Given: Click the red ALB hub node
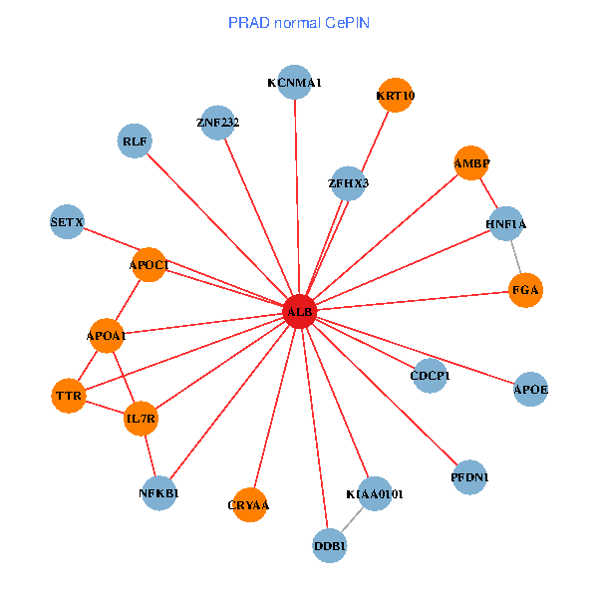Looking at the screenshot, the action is pyautogui.click(x=300, y=312).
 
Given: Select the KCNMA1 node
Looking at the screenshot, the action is pyautogui.click(x=295, y=83).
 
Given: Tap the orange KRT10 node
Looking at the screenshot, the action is pyautogui.click(x=396, y=96).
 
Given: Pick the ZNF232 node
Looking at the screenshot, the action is pyautogui.click(x=217, y=123).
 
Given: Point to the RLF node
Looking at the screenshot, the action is pyautogui.click(x=135, y=142).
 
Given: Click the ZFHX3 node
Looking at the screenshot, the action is pyautogui.click(x=348, y=183).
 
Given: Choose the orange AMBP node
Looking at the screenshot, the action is pyautogui.click(x=471, y=162).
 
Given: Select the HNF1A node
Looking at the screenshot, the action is pyautogui.click(x=506, y=224).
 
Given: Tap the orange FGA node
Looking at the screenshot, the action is pyautogui.click(x=525, y=290).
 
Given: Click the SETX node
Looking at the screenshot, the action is pyautogui.click(x=67, y=221).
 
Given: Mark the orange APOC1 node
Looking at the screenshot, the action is pyautogui.click(x=149, y=264).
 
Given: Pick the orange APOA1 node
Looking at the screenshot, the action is pyautogui.click(x=107, y=336).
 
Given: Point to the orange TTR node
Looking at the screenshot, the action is pyautogui.click(x=69, y=396).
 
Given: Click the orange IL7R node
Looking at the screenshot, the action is pyautogui.click(x=141, y=419).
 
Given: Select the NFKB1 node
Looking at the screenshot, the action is pyautogui.click(x=159, y=492).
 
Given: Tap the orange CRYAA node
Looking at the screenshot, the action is pyautogui.click(x=249, y=505).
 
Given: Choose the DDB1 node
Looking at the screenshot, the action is pyautogui.click(x=330, y=545).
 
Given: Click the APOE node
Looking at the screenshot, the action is pyautogui.click(x=531, y=388).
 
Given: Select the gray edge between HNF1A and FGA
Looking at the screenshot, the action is pyautogui.click(x=516, y=257).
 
